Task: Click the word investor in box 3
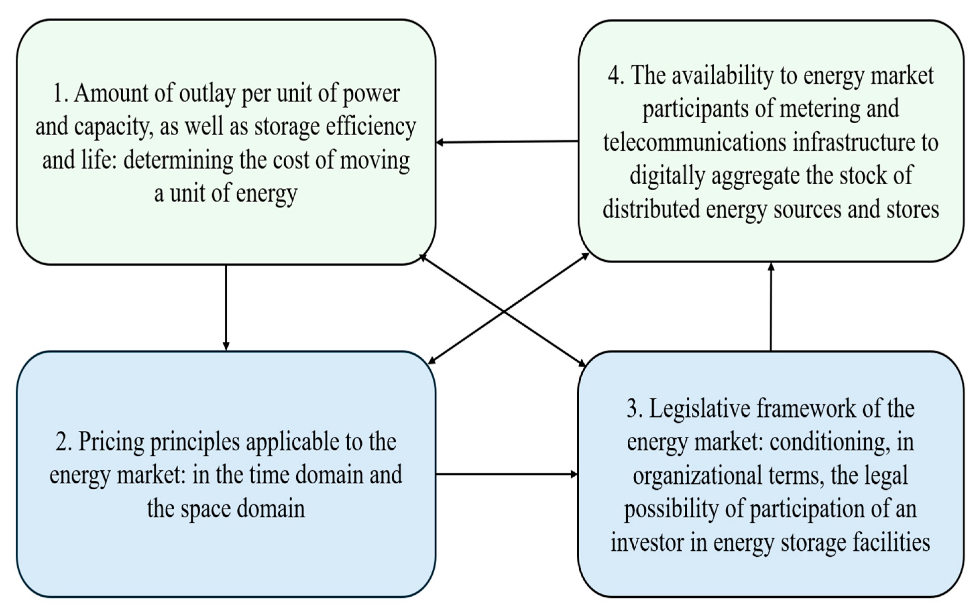[646, 542]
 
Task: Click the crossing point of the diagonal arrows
[504, 311]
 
